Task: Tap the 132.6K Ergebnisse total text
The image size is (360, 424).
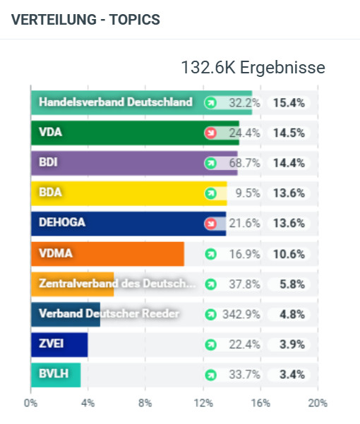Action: (253, 68)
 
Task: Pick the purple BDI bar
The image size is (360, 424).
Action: (134, 163)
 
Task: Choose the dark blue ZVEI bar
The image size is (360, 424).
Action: (59, 344)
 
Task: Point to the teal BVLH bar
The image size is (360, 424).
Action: (56, 375)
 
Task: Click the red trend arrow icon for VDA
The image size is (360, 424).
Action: (210, 133)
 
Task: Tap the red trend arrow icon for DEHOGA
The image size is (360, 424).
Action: (210, 224)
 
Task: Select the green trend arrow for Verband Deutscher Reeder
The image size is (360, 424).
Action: (210, 315)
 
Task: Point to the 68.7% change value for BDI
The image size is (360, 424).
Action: (244, 163)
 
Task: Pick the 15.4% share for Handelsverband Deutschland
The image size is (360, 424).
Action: (289, 102)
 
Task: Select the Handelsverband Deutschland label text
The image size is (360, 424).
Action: (115, 102)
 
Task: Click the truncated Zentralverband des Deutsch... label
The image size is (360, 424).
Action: (117, 284)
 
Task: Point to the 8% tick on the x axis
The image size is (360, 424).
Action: (145, 404)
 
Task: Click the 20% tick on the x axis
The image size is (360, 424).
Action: (317, 404)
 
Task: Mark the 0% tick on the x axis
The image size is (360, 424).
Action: (30, 404)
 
